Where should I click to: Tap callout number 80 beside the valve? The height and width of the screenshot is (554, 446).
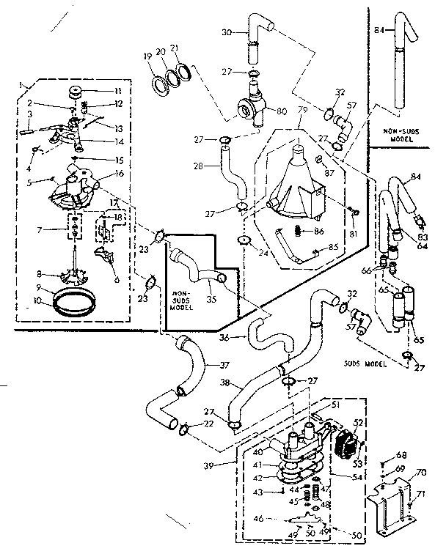coord(281,112)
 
